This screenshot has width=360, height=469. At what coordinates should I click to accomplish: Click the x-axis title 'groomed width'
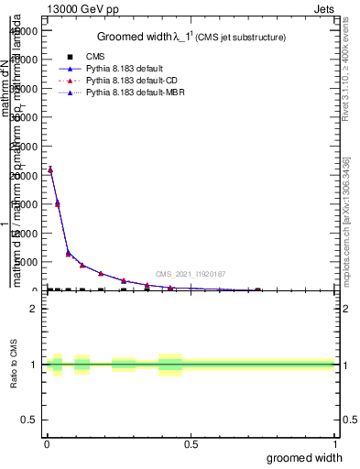point(310,456)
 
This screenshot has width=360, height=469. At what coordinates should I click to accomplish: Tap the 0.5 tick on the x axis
point(191,443)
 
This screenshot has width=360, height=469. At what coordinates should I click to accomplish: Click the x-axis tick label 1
point(334,443)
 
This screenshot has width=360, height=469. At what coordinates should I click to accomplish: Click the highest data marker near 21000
point(50,169)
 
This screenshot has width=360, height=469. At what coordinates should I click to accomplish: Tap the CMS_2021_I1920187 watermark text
point(191,273)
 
